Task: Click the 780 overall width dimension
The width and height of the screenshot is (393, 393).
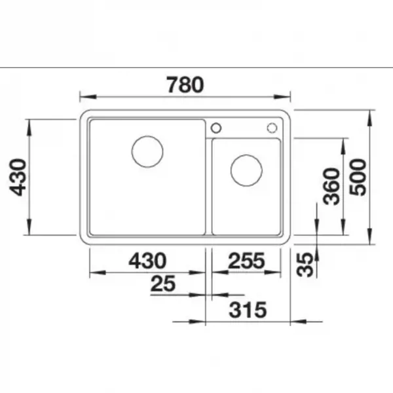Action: tap(185, 84)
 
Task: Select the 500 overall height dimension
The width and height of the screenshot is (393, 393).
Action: tap(358, 178)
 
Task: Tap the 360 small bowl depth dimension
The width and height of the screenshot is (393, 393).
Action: tap(331, 186)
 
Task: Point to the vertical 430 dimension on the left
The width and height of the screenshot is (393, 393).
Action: tap(18, 178)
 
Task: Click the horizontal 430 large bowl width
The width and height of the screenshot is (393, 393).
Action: tap(147, 261)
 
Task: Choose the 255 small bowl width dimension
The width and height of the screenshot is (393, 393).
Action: tap(246, 261)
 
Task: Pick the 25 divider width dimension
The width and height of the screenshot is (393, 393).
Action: tap(163, 284)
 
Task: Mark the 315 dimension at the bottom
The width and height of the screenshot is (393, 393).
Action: tap(248, 310)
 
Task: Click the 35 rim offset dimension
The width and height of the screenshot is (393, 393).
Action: tap(305, 265)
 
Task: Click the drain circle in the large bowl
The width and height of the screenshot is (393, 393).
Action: tap(147, 136)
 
